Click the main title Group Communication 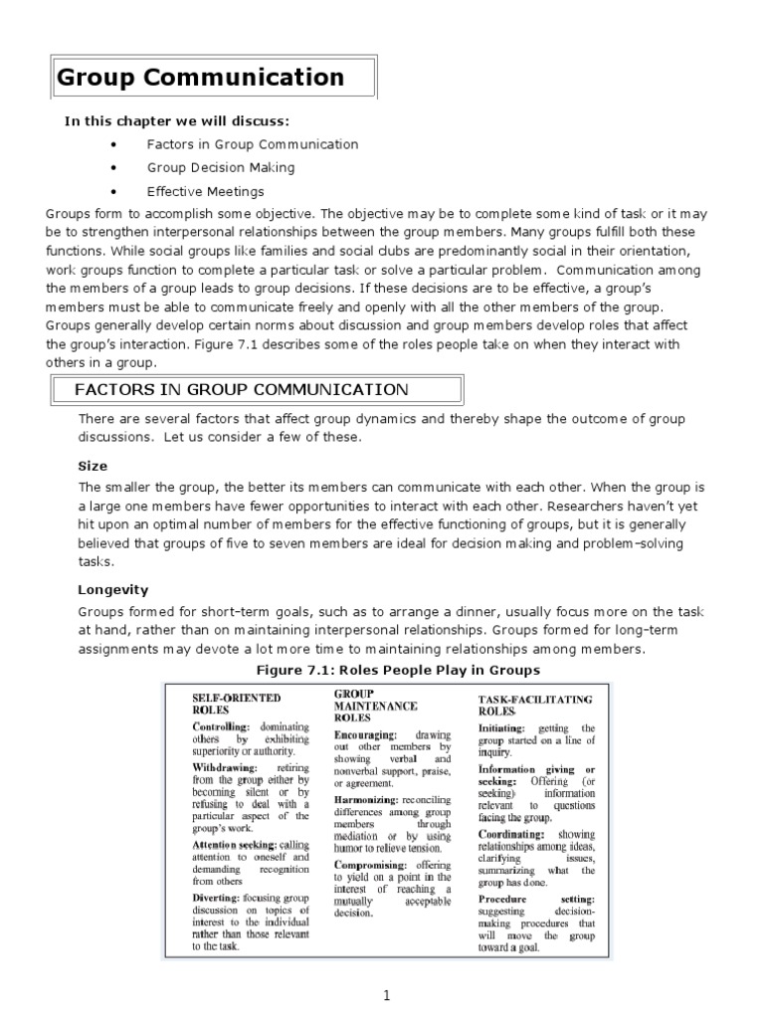[201, 78]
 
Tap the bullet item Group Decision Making [221, 168]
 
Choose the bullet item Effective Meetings [206, 192]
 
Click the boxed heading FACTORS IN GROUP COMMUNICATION [241, 390]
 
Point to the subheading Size [93, 465]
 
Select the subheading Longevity [112, 589]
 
